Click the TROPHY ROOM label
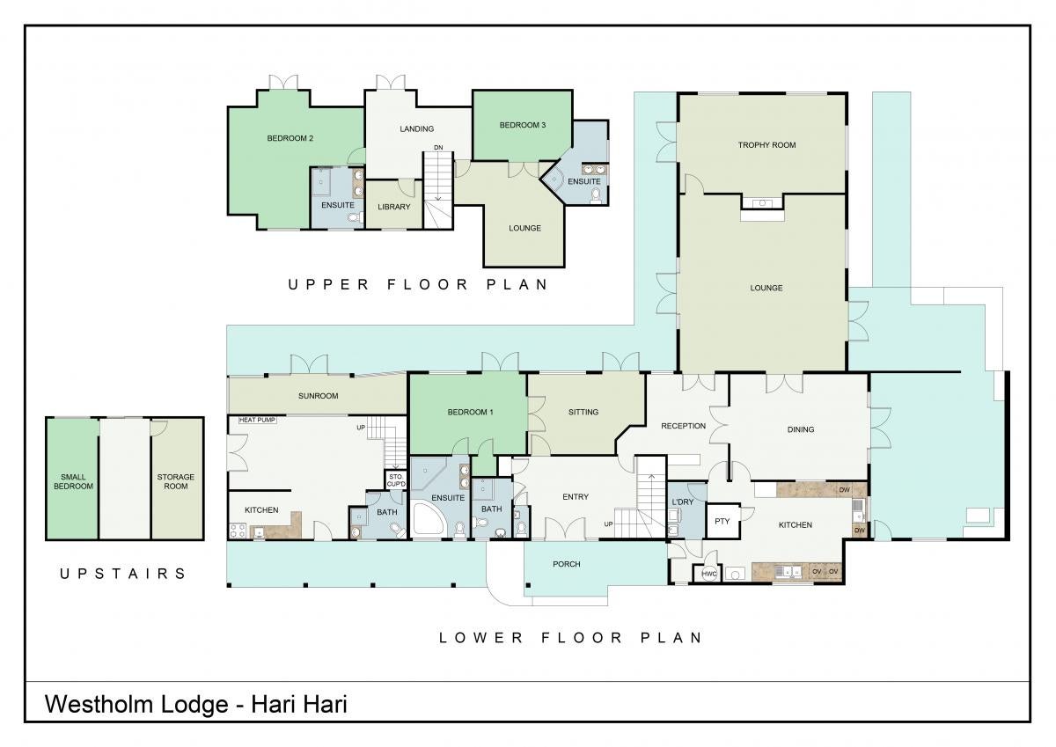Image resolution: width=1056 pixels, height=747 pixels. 766,145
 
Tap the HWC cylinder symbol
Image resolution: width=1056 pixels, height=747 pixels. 709,574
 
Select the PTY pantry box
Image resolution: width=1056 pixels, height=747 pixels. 723,521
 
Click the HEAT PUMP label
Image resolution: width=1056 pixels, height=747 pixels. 257,420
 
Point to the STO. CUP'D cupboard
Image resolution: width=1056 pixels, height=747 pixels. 396,480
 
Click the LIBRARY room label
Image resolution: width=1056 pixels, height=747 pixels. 393,207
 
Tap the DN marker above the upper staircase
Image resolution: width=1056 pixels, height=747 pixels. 438,148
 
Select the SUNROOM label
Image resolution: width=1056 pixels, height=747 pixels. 319,396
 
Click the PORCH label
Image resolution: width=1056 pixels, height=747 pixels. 566,564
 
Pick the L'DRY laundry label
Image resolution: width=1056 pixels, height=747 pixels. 682,502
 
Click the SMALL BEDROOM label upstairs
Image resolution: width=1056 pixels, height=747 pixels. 73,481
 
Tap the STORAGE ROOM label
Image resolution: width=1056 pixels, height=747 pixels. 175,481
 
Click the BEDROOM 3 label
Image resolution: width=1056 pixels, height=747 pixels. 523,125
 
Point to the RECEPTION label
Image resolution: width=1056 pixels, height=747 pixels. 683,426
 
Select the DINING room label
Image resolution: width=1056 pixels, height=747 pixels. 801,429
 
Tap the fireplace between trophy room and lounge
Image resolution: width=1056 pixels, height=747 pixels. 762,203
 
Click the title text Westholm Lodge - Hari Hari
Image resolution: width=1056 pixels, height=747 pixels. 196,705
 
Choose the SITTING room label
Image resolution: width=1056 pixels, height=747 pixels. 583,412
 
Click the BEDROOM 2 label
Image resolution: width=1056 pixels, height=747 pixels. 290,138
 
